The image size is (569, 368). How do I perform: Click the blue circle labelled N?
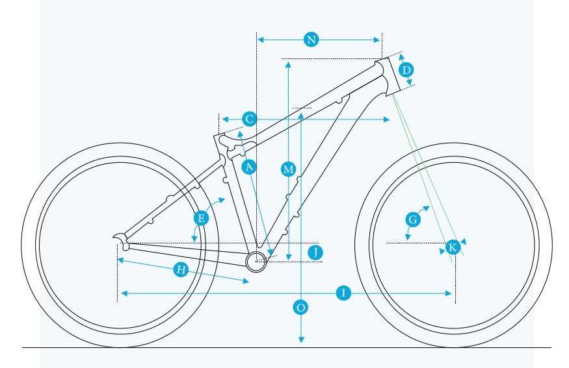pos(311,40)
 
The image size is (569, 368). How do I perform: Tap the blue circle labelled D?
pos(406,69)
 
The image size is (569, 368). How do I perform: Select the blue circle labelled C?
pos(249,119)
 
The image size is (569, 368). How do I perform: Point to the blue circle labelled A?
pos(249,167)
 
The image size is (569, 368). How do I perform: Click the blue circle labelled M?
pos(289,169)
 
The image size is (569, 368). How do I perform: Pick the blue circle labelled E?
pos(201,219)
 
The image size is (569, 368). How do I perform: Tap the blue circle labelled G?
pos(413,219)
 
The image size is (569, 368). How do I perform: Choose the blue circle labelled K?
pos(453,247)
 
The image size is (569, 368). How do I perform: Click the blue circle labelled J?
pos(315,252)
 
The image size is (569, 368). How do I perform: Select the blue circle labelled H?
pos(181,269)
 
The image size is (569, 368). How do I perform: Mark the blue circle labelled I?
pos(343,293)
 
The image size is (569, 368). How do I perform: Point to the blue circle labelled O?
pos(301,308)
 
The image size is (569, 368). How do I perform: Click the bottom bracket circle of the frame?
pos(256,262)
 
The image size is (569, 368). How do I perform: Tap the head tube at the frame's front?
pos(388,77)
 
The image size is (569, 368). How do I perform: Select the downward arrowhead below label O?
pos(301,339)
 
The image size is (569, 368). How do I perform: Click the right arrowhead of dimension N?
pos(377,40)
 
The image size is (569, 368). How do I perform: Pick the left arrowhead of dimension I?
pos(124,293)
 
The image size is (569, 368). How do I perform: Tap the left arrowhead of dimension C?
pos(225,119)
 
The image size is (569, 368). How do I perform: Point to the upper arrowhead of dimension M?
pos(288,65)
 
